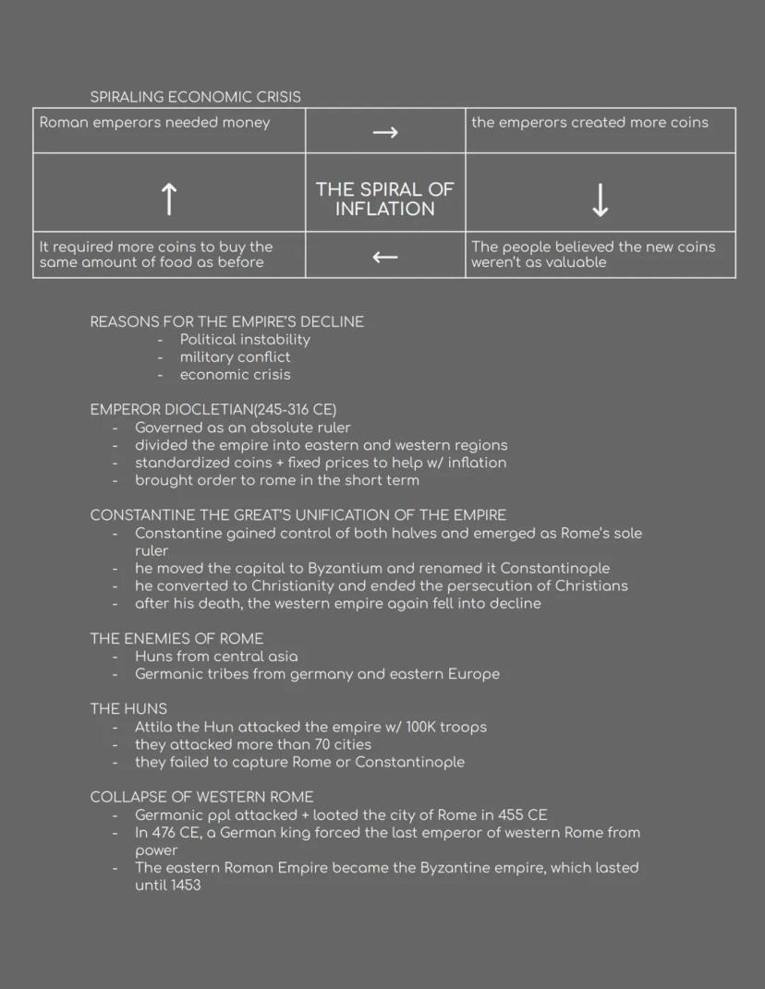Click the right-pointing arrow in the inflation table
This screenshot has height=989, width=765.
[385, 132]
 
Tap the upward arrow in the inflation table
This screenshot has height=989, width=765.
[168, 199]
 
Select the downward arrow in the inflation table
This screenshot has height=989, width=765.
[600, 199]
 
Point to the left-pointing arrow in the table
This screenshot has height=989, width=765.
[385, 257]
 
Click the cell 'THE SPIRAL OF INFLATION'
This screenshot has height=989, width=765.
[385, 199]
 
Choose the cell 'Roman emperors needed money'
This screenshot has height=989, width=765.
[154, 123]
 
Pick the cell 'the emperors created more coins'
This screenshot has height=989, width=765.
[589, 123]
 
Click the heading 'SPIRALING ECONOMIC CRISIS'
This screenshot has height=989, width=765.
[195, 97]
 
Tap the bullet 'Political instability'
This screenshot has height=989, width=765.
[245, 339]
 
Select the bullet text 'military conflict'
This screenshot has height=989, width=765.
[235, 356]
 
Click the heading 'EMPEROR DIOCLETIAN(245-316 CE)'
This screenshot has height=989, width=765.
[212, 409]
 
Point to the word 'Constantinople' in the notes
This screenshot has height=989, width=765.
[554, 568]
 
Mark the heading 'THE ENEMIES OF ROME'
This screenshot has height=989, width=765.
[176, 638]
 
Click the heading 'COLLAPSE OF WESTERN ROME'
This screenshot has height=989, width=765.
[201, 797]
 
